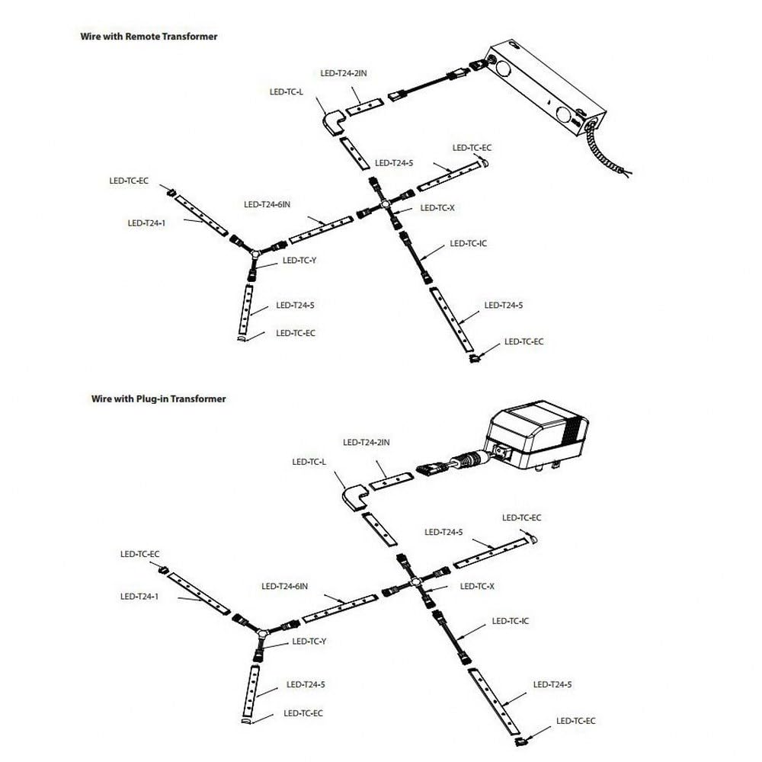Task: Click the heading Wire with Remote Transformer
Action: pyautogui.click(x=149, y=37)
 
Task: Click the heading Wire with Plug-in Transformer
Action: pyautogui.click(x=158, y=399)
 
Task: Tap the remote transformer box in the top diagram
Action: pyautogui.click(x=547, y=88)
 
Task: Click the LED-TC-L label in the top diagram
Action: pyautogui.click(x=287, y=92)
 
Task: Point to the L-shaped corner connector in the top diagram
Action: pyautogui.click(x=335, y=124)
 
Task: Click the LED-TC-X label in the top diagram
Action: pyautogui.click(x=437, y=208)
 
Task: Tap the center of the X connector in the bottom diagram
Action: pyautogui.click(x=415, y=581)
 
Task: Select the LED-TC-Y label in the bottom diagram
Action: pyautogui.click(x=309, y=642)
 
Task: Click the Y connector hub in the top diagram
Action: pyautogui.click(x=255, y=253)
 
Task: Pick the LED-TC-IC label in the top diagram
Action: pyautogui.click(x=468, y=244)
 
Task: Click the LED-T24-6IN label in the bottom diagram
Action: pyautogui.click(x=285, y=587)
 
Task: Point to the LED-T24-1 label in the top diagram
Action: pyautogui.click(x=146, y=223)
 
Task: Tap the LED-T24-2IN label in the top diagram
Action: pyautogui.click(x=344, y=73)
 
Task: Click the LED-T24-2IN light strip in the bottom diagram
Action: pyautogui.click(x=391, y=481)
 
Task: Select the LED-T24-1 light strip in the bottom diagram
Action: pyautogui.click(x=199, y=594)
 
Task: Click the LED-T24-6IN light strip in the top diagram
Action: pyautogui.click(x=321, y=230)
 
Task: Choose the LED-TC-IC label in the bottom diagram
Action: pyautogui.click(x=511, y=621)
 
